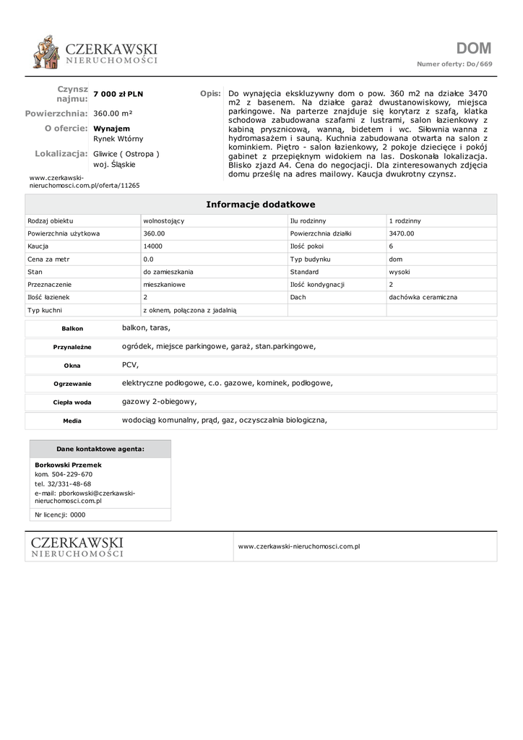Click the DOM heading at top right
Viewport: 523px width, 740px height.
click(x=474, y=49)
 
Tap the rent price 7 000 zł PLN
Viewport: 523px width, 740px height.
click(x=118, y=95)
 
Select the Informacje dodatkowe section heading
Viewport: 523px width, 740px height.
click(x=261, y=205)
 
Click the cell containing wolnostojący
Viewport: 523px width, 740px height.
click(x=165, y=220)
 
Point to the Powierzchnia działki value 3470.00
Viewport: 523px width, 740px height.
click(x=401, y=233)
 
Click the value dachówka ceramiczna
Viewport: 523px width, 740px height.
click(x=423, y=297)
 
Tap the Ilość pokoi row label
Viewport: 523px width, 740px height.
click(x=306, y=246)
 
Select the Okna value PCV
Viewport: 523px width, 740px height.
click(x=130, y=365)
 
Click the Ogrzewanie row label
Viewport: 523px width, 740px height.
click(x=72, y=384)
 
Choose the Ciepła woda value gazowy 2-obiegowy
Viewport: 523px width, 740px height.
click(x=159, y=401)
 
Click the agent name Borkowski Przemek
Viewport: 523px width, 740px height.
click(x=68, y=465)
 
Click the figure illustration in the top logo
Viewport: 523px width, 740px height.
click(x=47, y=53)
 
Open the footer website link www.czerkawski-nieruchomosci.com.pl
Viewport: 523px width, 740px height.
click(x=299, y=546)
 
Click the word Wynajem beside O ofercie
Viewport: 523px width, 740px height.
click(x=112, y=128)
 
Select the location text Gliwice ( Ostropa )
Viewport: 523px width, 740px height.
click(x=126, y=154)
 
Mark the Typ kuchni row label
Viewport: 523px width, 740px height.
click(x=45, y=310)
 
